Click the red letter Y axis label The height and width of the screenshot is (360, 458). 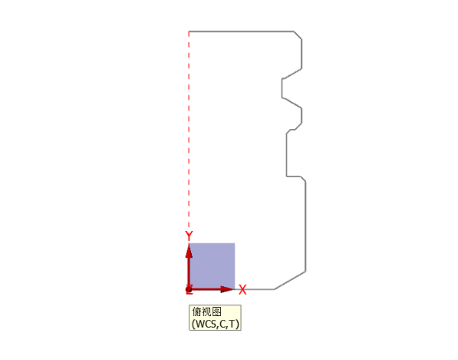189,235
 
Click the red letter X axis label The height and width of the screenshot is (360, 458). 242,290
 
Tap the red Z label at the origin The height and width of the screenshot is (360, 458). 189,290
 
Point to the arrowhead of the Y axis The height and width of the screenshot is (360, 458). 189,251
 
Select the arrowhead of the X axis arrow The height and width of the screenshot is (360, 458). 227,289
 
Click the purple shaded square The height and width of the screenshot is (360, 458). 212,266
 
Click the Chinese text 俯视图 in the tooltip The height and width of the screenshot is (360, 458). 207,312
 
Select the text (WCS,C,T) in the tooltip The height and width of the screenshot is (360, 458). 215,324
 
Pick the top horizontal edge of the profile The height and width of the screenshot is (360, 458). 241,31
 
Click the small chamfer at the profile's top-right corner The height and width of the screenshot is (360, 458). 298,35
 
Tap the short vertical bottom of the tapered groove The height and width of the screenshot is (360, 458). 282,88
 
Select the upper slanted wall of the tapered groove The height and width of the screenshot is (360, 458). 292,74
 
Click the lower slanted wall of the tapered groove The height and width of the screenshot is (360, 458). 292,103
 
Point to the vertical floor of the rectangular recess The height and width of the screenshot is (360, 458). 287,155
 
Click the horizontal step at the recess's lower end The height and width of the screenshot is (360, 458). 293,176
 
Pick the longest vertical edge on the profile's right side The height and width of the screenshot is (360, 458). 306,227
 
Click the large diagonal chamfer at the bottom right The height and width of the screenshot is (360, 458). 290,281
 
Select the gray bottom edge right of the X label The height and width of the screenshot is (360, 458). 260,289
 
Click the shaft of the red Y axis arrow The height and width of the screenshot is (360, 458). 189,272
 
